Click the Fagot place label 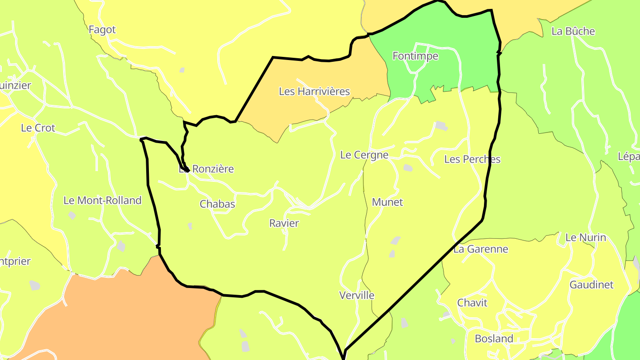coord(102,30)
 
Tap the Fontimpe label coord(415,56)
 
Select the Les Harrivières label coord(314,92)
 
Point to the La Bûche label coord(573,31)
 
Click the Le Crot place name coord(38,128)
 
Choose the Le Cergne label coord(364,155)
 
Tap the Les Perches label coord(472,159)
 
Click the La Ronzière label coord(206,169)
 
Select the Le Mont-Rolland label coord(102,200)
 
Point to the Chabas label coord(217,204)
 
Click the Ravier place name coord(284,223)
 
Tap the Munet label coord(387,202)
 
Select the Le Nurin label coord(585,237)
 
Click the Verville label coord(356,296)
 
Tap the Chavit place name coord(472,303)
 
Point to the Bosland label coord(494,339)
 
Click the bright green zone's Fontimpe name coord(415,56)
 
